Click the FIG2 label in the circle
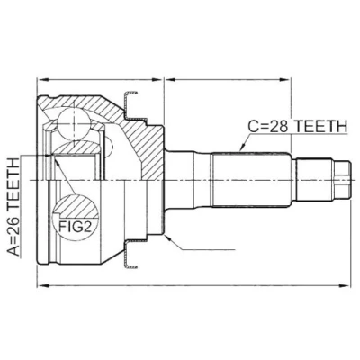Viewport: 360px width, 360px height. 75,227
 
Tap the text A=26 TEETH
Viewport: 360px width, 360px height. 13,208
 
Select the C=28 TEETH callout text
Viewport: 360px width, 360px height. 297,127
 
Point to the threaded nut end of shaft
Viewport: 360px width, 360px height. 343,180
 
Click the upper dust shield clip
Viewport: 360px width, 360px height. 130,103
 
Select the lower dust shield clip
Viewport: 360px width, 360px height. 130,254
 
